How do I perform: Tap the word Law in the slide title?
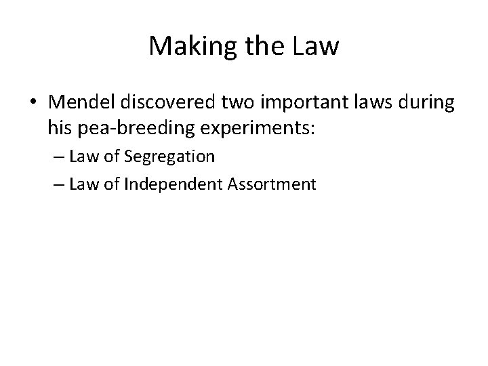point(317,46)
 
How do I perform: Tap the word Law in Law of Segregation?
point(81,157)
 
